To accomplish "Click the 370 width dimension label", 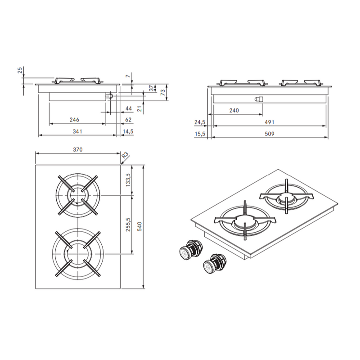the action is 77,149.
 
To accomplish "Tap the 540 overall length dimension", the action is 139,226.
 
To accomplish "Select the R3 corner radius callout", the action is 125,155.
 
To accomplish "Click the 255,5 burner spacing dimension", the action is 128,225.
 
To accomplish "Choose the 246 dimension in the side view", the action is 74,120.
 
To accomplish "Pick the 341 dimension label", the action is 77,131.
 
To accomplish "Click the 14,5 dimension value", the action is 128,131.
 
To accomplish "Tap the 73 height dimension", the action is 162,93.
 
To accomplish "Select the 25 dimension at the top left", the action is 20,70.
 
